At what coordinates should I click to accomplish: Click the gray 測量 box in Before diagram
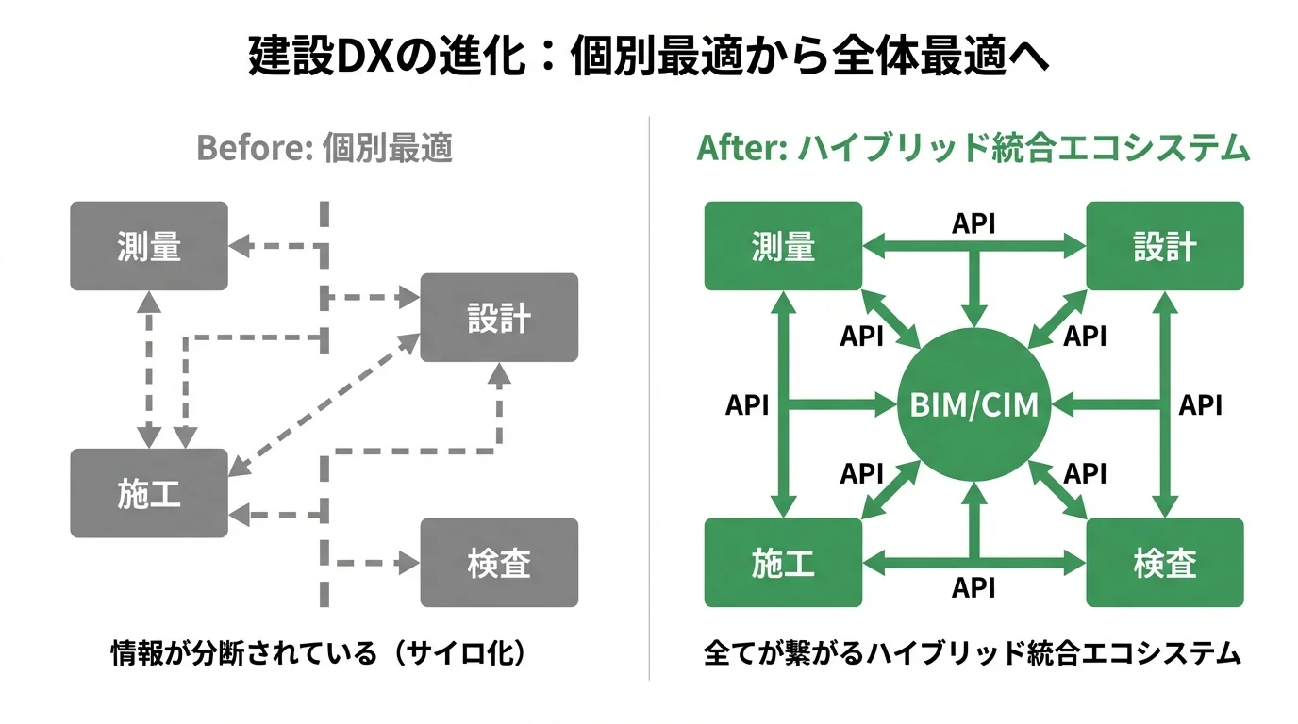point(149,245)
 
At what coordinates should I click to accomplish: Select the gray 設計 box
point(498,318)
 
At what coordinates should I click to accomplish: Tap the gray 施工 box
point(149,493)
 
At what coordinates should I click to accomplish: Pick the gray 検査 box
point(498,563)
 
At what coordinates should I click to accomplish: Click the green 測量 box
point(783,245)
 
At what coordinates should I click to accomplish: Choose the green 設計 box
point(1164,245)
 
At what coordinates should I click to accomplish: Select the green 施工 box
point(783,563)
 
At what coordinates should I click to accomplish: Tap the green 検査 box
point(1164,563)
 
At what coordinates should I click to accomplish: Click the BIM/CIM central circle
point(973,405)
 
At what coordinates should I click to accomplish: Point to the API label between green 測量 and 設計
point(973,223)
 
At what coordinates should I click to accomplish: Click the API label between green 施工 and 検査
point(973,588)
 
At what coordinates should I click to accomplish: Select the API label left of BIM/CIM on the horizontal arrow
point(747,405)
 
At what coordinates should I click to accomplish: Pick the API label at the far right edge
point(1201,405)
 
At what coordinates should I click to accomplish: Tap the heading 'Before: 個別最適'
point(324,149)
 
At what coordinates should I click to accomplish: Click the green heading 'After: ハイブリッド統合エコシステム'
point(973,149)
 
